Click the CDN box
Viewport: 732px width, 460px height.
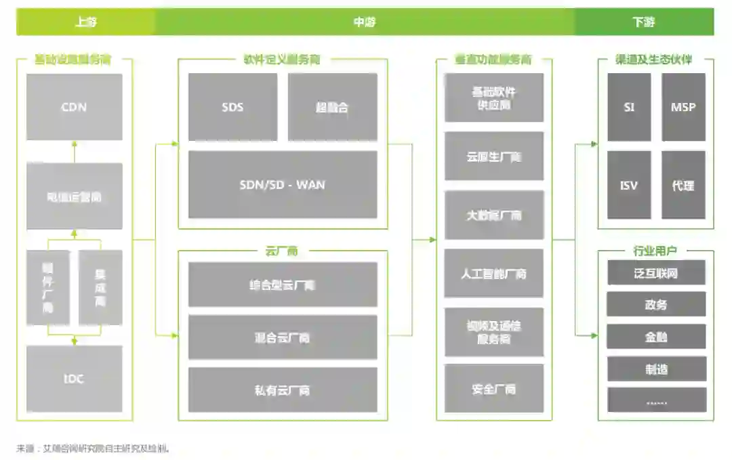click(75, 107)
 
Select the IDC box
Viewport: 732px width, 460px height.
click(75, 379)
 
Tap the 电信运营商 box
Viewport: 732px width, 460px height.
click(75, 197)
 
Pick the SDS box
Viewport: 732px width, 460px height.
click(232, 107)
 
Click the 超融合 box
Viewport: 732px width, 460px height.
click(332, 107)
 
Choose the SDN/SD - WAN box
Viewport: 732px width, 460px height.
click(283, 184)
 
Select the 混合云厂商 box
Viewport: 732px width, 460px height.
click(283, 337)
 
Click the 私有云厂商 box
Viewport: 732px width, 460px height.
click(283, 390)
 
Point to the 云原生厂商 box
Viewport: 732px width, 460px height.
click(494, 156)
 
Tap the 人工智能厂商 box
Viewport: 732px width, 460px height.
click(494, 274)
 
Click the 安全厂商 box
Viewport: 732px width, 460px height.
click(494, 389)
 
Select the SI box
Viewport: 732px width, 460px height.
click(629, 107)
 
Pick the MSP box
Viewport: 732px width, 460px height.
click(683, 107)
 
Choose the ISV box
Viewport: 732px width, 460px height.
click(629, 185)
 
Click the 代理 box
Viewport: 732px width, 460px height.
click(683, 185)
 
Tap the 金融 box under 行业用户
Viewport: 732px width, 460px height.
click(656, 337)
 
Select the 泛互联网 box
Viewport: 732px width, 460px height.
click(656, 273)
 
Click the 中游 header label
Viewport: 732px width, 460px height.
click(365, 22)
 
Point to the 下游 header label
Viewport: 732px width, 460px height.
click(644, 22)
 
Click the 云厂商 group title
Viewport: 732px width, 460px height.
click(282, 251)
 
